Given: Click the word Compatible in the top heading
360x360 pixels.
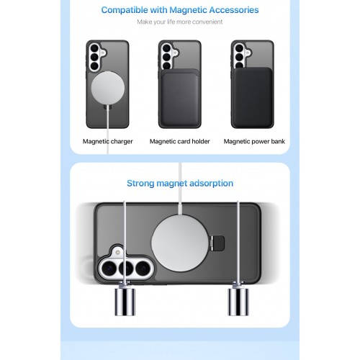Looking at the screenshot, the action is point(125,10).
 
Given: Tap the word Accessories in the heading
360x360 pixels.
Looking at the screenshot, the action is point(234,10).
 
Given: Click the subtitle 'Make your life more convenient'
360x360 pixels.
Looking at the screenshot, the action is point(180,22).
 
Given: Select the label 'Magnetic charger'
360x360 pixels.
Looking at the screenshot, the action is point(108,141).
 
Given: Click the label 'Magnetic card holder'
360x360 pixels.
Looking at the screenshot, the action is point(180,141).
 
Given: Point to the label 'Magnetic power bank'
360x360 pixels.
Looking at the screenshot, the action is point(254,141).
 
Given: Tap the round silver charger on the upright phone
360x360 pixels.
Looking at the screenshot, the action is point(108,88).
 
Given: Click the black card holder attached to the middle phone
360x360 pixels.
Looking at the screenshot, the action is point(179,98).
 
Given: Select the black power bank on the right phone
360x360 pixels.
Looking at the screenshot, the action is point(253,97).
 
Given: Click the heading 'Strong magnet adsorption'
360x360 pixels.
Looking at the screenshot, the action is point(180,184).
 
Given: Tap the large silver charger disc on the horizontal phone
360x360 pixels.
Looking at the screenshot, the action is point(180,243).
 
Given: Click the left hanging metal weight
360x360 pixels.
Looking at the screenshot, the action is point(125,301).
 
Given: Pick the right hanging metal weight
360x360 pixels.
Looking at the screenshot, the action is point(238,301).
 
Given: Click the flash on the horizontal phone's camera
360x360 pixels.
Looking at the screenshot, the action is point(117,252).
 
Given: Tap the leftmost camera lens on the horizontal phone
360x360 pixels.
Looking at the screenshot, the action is point(109,268).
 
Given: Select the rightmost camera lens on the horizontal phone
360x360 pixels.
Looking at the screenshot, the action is point(143,268).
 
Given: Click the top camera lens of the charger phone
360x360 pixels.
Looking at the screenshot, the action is point(94,48).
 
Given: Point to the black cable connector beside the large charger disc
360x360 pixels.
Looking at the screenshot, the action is point(217,242).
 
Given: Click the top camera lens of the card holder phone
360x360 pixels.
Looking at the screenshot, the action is point(166,48).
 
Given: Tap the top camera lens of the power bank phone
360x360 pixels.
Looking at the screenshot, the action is point(239,48).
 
